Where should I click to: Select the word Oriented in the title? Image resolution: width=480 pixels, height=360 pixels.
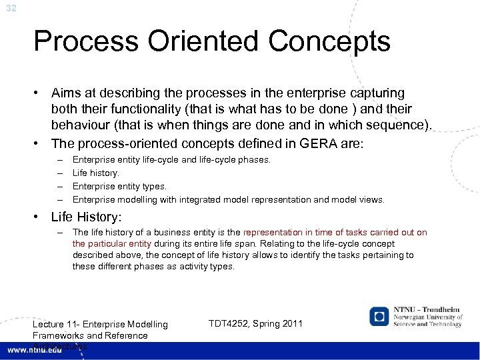click(199, 42)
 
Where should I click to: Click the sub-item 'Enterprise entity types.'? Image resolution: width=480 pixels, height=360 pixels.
click(119, 186)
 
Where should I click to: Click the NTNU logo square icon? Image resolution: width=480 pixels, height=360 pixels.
click(379, 316)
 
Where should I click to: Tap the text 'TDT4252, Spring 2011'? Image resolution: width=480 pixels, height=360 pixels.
click(256, 324)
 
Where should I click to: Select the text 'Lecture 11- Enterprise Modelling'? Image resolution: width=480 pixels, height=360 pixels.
click(100, 325)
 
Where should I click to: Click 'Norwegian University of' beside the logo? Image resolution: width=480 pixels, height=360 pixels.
click(426, 317)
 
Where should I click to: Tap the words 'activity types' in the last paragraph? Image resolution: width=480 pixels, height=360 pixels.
click(208, 267)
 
